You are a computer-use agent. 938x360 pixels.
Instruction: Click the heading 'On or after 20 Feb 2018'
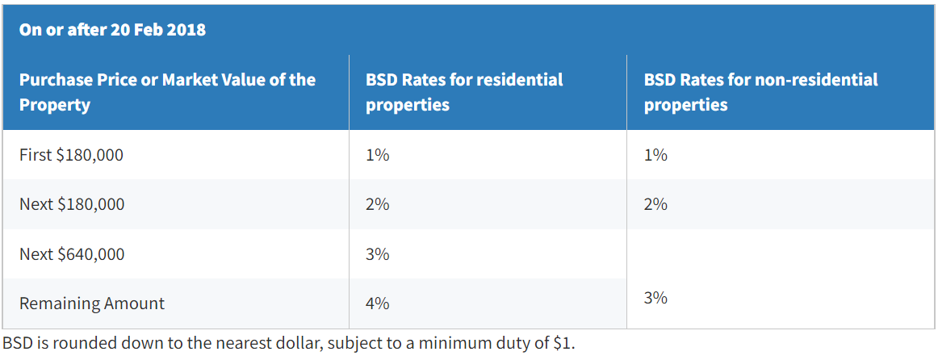point(112,30)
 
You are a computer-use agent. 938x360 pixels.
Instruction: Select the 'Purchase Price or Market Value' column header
point(167,92)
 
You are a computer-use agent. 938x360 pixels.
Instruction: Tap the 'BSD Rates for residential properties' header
point(464,92)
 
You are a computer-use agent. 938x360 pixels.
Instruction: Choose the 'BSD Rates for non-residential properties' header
point(760,92)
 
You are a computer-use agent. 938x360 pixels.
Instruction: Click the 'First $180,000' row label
point(71,154)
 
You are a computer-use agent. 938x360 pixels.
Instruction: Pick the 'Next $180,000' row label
point(72,204)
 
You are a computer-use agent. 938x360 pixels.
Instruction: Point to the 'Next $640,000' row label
point(72,254)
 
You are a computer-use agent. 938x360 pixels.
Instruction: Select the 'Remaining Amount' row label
point(91,303)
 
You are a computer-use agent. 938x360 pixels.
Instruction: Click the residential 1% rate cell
point(377,154)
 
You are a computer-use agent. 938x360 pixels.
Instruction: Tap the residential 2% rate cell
point(377,204)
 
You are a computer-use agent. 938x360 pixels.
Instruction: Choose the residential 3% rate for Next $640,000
point(377,254)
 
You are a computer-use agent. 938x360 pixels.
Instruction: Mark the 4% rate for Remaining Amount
point(377,303)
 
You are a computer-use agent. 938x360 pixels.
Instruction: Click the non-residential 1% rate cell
point(655,154)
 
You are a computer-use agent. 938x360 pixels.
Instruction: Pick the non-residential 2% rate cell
point(655,204)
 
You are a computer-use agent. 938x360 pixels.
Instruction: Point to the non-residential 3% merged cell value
point(655,298)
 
